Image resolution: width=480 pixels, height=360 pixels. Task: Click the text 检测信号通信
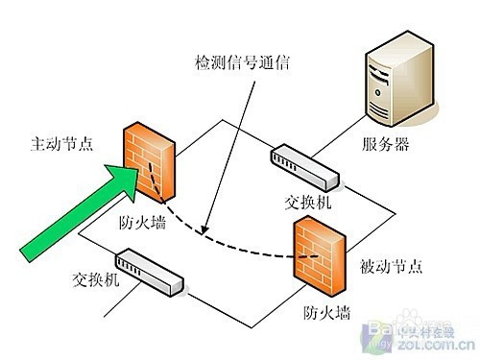coord(242,63)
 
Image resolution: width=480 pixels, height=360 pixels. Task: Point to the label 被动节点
coord(388,264)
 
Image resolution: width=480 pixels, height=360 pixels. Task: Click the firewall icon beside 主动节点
coord(149,161)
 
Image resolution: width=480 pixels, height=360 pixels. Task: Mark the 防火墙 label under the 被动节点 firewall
coord(326,311)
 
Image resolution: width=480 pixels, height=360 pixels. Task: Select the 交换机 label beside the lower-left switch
coord(97,282)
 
